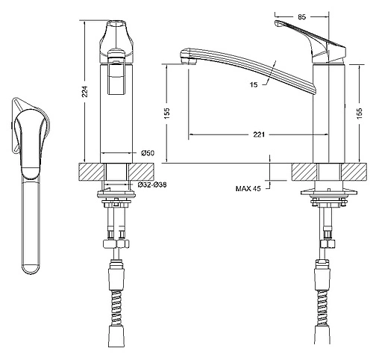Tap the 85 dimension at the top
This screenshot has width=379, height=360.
301,17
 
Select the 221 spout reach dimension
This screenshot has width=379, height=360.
259,134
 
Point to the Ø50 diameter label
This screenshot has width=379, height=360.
148,153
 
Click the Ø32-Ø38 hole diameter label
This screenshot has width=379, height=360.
152,184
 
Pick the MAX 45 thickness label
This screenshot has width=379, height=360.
248,188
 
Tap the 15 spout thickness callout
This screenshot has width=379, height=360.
254,84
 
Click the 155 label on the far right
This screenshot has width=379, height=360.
360,114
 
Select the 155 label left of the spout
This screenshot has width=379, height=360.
167,114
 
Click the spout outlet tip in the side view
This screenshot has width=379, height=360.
188,60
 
